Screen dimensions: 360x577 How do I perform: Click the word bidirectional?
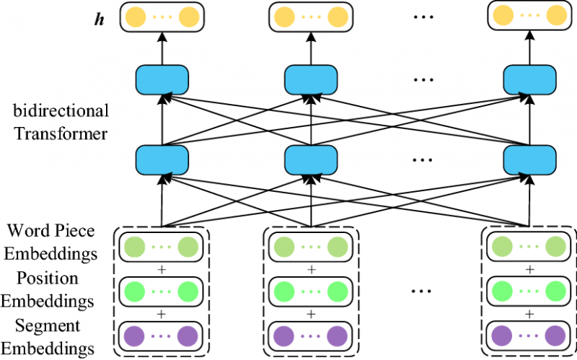pos(61,111)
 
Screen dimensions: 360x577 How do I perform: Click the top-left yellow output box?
pos(162,17)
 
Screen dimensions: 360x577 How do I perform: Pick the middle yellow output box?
pos(311,17)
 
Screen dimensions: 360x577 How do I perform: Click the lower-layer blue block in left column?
pos(162,158)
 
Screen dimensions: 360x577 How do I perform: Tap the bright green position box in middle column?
pos(311,292)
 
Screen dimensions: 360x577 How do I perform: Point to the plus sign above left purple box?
pos(162,315)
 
